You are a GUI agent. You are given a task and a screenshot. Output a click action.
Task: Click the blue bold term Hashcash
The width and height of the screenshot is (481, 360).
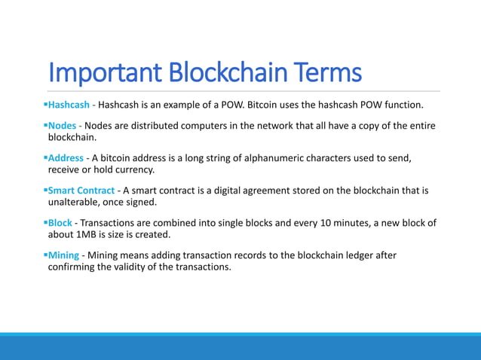(69, 103)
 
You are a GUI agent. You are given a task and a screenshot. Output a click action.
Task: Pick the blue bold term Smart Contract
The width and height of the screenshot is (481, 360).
(81, 191)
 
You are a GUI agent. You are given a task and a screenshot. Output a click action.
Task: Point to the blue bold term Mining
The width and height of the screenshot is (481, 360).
(63, 255)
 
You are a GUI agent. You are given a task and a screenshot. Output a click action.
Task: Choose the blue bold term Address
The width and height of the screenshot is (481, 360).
(67, 158)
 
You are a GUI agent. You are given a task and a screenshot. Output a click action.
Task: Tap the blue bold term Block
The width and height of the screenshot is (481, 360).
(60, 223)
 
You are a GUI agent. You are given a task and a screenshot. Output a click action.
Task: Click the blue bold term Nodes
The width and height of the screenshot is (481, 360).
(62, 125)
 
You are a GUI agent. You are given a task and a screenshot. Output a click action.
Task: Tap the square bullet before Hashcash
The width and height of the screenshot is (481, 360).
(45, 103)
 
